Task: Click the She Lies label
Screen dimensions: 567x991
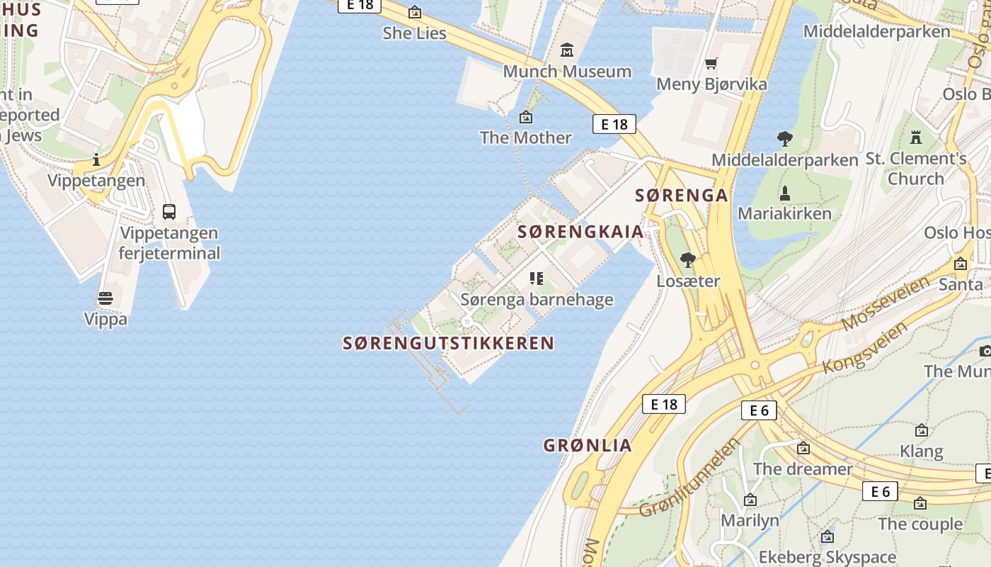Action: (x=414, y=33)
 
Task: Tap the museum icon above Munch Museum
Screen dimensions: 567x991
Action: (x=567, y=50)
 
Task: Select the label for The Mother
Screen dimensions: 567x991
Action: (x=525, y=137)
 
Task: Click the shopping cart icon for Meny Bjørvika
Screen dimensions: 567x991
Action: (x=711, y=64)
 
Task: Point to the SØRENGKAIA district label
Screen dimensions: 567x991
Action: (x=580, y=232)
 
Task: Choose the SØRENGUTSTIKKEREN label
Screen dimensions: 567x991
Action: (x=449, y=344)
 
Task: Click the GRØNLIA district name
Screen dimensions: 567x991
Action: (x=588, y=446)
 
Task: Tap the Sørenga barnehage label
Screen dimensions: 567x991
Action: (x=537, y=300)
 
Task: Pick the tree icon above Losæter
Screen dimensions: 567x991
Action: (x=687, y=260)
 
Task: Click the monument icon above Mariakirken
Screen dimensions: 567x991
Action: (x=784, y=193)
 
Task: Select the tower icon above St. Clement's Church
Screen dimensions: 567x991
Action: (x=917, y=137)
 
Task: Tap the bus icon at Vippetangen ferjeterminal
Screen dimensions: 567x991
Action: (x=169, y=212)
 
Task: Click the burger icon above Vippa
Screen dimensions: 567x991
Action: (x=105, y=298)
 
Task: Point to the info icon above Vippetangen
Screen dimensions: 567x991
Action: (x=96, y=160)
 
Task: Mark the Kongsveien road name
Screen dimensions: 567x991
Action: (x=866, y=347)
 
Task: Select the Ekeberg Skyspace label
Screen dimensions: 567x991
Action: (x=827, y=557)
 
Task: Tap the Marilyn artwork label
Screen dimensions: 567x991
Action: (x=750, y=521)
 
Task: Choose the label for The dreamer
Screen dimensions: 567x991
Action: (x=803, y=468)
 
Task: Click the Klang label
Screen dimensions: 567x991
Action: (x=921, y=451)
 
